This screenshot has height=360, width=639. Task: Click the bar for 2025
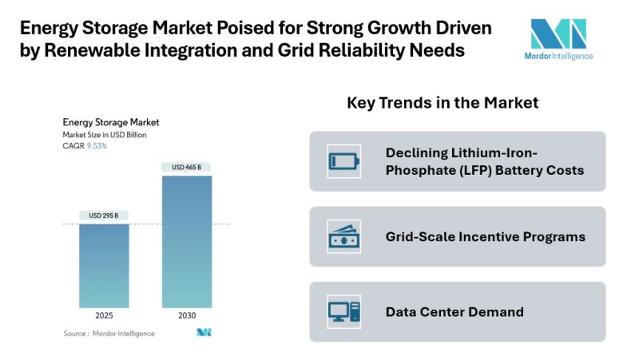pyautogui.click(x=105, y=266)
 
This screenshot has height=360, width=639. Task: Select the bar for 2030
pyautogui.click(x=186, y=242)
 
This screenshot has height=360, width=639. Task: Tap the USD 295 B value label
pyautogui.click(x=105, y=216)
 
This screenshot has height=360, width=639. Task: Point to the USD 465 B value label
pyautogui.click(x=186, y=167)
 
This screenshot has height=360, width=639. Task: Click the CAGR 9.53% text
pyautogui.click(x=85, y=146)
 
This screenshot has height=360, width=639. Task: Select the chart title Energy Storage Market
pyautogui.click(x=111, y=123)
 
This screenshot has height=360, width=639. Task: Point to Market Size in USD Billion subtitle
pyautogui.click(x=105, y=135)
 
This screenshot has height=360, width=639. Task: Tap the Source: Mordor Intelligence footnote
pyautogui.click(x=109, y=333)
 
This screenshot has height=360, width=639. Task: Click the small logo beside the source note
pyautogui.click(x=204, y=333)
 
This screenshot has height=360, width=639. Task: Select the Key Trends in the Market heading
pyautogui.click(x=443, y=103)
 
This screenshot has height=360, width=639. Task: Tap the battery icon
pyautogui.click(x=344, y=161)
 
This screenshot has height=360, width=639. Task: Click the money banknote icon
pyautogui.click(x=344, y=237)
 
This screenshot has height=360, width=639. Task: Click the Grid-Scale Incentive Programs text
pyautogui.click(x=485, y=237)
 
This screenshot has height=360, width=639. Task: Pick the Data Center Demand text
pyautogui.click(x=454, y=312)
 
